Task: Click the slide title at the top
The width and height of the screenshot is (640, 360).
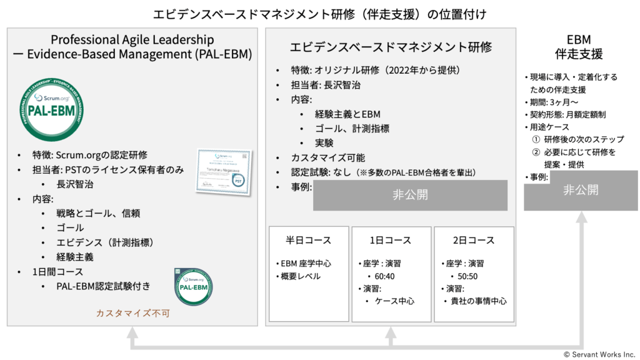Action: pos(319,12)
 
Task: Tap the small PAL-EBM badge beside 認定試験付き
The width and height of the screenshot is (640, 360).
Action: pos(193,287)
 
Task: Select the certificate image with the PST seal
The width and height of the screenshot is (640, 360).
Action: pos(224,171)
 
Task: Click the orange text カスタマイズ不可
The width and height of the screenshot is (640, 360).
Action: pos(132,313)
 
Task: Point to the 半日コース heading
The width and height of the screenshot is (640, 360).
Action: pos(308,241)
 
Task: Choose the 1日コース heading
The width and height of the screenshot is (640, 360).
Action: pos(391,241)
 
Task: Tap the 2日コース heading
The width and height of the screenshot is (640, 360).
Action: pos(474,241)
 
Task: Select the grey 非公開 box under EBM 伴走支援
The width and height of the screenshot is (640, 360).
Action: pos(581,190)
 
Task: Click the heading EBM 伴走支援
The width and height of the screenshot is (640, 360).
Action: pos(580,47)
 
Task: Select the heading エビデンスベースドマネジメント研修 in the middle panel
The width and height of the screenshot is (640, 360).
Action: pos(391,47)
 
